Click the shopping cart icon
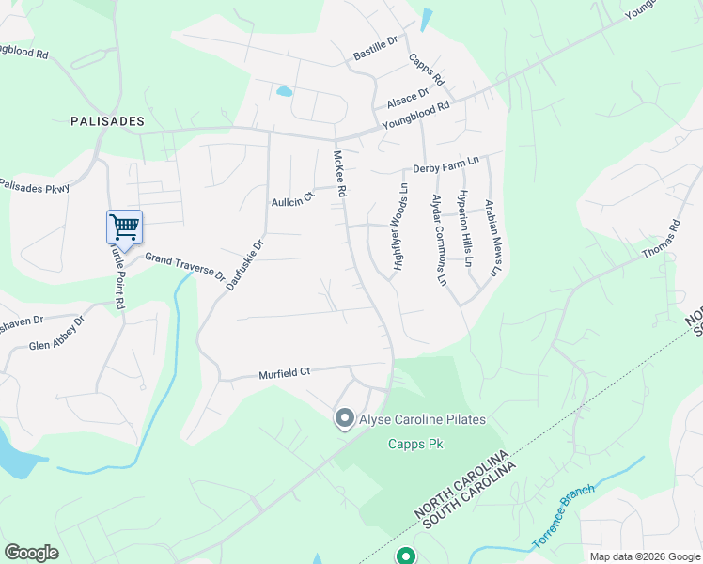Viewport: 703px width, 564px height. [124, 227]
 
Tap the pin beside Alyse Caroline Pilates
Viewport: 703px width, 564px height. [345, 418]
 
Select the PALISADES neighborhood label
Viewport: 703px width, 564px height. [108, 121]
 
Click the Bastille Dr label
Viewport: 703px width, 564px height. [376, 47]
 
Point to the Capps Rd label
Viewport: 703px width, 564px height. [426, 70]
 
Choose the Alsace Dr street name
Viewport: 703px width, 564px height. [407, 97]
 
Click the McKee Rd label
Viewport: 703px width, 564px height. [341, 174]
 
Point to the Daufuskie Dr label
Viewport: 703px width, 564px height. [246, 262]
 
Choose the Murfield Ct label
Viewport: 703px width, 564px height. [284, 373]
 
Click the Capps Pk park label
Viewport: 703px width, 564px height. [415, 444]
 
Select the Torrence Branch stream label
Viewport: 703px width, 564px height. [564, 517]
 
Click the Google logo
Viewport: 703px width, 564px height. [31, 552]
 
